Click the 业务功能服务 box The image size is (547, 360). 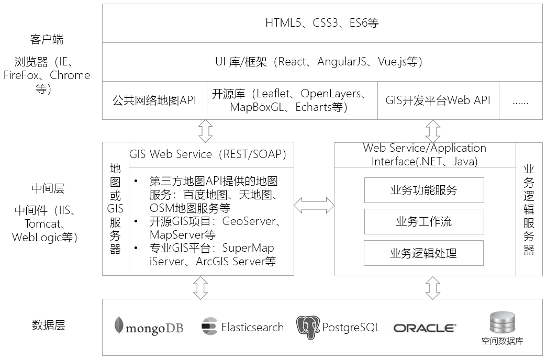tap(424, 190)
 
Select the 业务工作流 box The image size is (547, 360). tap(424, 221)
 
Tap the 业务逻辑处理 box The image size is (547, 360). tap(423, 253)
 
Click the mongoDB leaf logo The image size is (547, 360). tap(119, 325)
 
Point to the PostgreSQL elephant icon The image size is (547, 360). tap(308, 327)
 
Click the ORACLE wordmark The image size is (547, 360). tap(425, 328)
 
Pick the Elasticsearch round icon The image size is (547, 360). tap(209, 326)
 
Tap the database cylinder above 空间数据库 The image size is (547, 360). tap(503, 323)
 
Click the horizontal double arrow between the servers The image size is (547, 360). tap(314, 205)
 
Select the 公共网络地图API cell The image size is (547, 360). tap(154, 100)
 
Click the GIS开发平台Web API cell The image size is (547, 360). tap(438, 100)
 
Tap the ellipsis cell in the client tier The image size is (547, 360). tap(521, 100)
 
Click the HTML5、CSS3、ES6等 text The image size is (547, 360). tap(322, 23)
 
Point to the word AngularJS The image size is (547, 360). tap(342, 62)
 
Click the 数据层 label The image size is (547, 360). tap(49, 325)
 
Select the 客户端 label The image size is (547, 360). tap(47, 39)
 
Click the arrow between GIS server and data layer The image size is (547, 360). tap(200, 288)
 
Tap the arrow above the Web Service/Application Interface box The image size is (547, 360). tap(433, 131)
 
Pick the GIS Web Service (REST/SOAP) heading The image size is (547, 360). tap(208, 154)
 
